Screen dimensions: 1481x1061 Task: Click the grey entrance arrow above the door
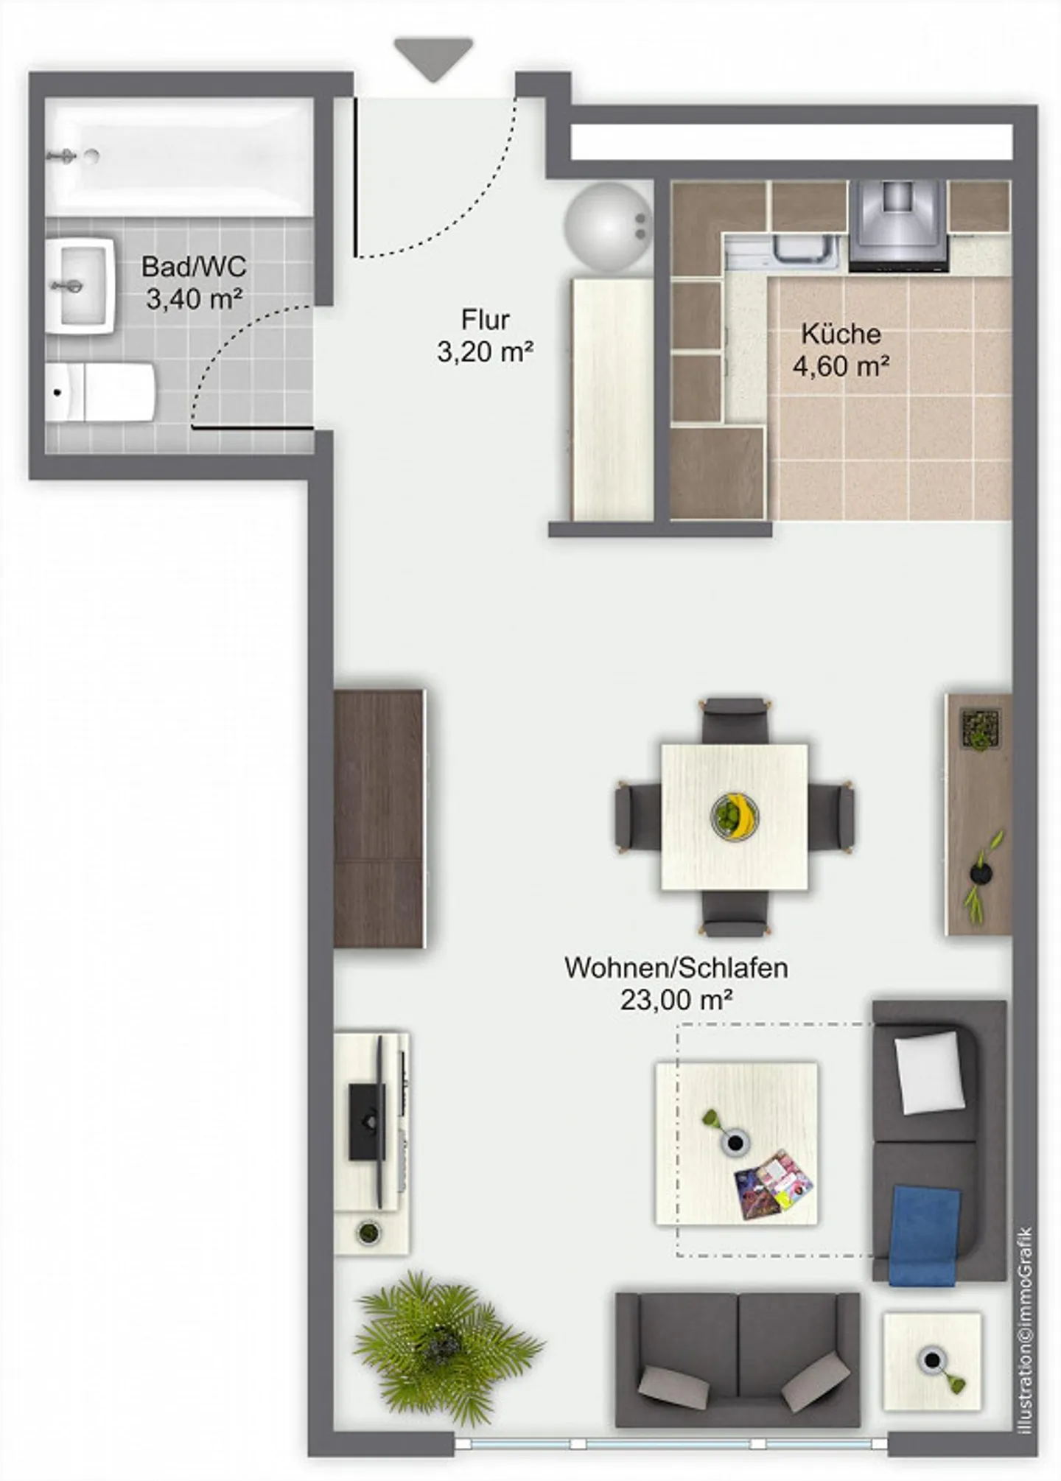tap(433, 58)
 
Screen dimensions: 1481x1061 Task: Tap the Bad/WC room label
tap(194, 266)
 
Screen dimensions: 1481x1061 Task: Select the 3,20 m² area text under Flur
tap(485, 352)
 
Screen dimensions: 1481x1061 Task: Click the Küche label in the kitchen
tap(841, 334)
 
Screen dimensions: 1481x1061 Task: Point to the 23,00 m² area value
tap(676, 1000)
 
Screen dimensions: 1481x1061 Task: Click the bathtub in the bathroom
tap(179, 158)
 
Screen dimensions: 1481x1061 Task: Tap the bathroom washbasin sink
tap(80, 285)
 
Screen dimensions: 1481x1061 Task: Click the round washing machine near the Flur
tap(607, 228)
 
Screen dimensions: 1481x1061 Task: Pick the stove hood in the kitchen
tap(898, 223)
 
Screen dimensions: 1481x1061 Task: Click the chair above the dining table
tap(735, 720)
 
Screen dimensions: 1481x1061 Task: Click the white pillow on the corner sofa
tap(928, 1072)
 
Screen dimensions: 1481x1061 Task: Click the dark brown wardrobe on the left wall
tap(379, 818)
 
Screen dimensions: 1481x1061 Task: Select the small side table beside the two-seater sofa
tap(932, 1362)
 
